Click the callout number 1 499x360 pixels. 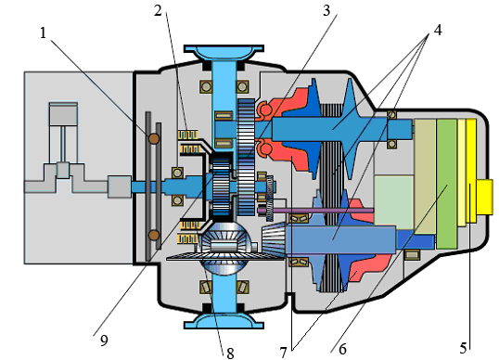click(44, 32)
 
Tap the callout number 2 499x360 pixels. click(158, 11)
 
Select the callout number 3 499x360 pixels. click(326, 11)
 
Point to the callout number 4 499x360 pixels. click(438, 31)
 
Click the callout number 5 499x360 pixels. click(464, 348)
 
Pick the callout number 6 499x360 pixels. click(342, 349)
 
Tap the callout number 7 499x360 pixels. click(284, 353)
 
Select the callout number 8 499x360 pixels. click(230, 353)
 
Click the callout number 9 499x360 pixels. click(104, 341)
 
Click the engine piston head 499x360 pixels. click(63, 114)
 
